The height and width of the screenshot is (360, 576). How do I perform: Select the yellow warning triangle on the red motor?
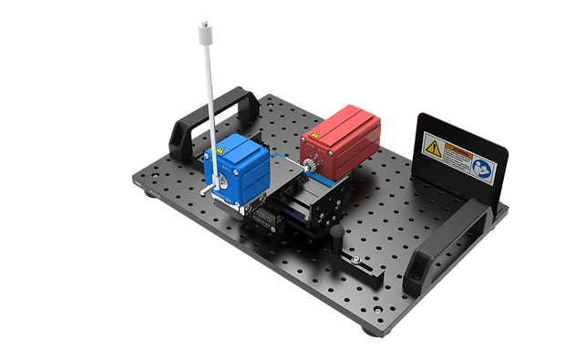(x=313, y=137)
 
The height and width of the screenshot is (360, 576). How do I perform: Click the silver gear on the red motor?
(x=309, y=165)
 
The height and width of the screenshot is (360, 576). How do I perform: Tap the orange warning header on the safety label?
(x=454, y=146)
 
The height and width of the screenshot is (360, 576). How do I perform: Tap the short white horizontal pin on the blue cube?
(x=217, y=187)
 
